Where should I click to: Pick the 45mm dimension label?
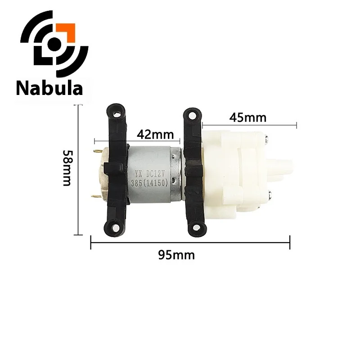[248, 117]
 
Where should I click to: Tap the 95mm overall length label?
[176, 255]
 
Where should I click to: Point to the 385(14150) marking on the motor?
[153, 183]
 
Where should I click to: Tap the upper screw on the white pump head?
[268, 139]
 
